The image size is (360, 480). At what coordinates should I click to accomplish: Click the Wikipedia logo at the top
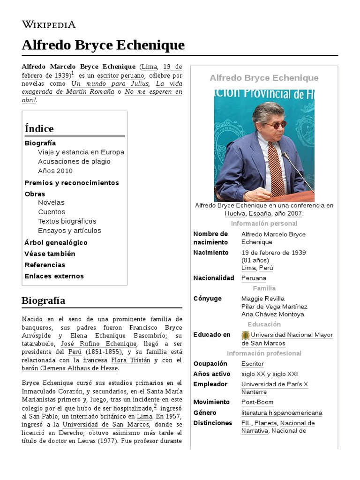(49, 24)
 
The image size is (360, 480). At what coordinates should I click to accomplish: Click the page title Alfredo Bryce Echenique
(103, 45)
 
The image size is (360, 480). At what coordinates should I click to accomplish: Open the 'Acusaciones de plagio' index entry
(74, 161)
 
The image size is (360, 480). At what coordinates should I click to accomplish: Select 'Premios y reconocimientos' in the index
(72, 183)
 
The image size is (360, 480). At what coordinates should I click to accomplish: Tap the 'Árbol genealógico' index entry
(56, 242)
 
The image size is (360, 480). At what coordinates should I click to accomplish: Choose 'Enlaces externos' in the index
(54, 276)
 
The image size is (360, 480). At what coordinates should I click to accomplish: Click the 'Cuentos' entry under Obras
(52, 212)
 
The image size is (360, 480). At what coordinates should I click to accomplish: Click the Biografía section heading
(44, 300)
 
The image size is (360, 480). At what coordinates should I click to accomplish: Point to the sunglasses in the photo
(275, 125)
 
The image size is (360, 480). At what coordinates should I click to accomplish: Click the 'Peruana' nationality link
(254, 278)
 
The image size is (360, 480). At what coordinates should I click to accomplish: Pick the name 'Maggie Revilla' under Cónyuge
(262, 299)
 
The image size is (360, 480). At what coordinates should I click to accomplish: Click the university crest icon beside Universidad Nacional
(245, 335)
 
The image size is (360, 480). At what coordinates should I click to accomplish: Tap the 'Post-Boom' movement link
(257, 402)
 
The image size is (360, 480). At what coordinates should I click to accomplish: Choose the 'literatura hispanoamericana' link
(281, 413)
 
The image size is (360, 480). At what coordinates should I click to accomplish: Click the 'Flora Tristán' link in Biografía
(131, 360)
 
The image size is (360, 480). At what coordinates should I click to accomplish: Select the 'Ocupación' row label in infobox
(210, 364)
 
